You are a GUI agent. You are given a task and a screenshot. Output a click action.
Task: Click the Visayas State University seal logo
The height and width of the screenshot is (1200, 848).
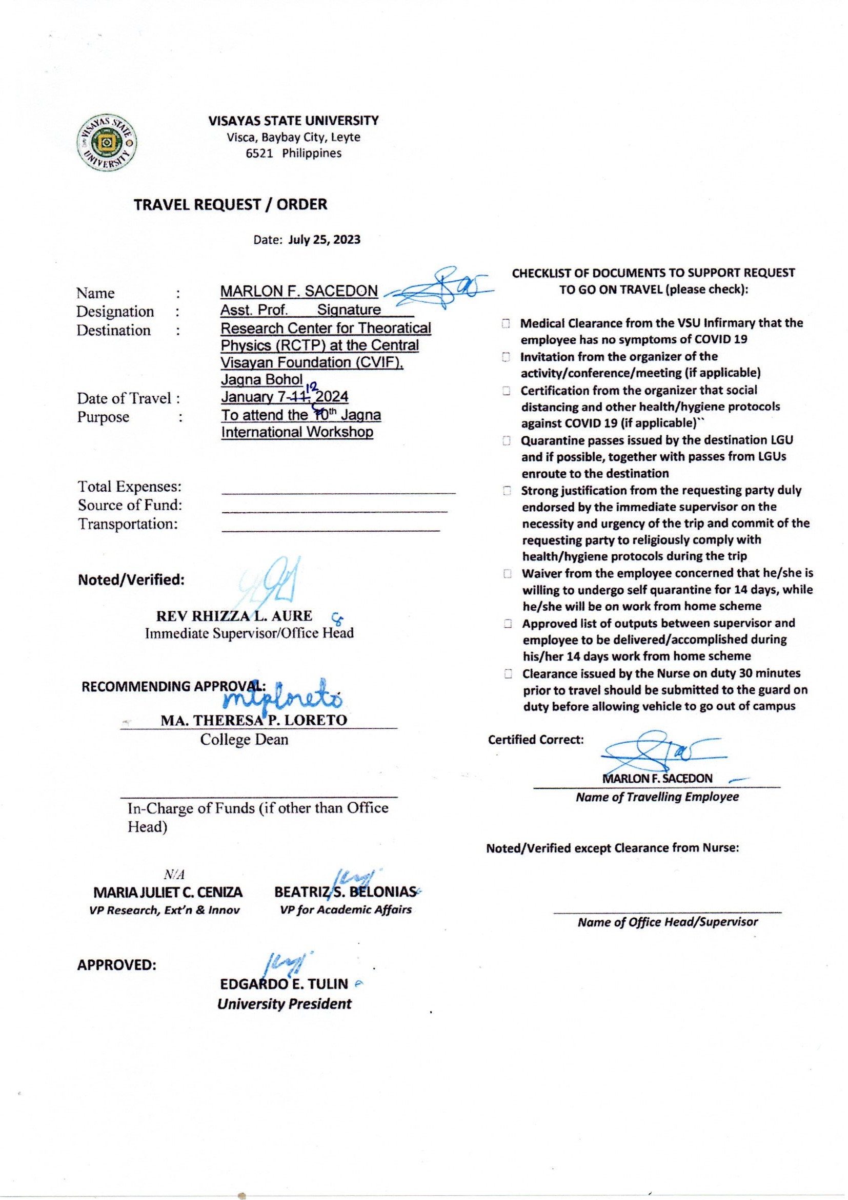pos(108,142)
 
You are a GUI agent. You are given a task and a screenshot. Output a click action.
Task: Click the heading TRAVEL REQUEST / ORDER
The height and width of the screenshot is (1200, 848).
pos(230,204)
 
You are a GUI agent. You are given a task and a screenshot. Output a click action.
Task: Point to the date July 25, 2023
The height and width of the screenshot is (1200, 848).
pos(324,240)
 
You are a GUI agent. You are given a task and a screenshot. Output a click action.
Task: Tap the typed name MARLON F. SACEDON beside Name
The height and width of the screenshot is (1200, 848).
pos(299,291)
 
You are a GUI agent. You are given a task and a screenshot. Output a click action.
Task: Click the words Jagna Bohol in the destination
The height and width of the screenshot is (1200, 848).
pos(261,379)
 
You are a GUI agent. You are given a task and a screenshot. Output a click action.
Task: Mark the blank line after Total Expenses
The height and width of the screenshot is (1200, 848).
pos(338,492)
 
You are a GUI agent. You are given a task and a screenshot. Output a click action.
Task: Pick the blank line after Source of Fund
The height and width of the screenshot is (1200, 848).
pos(334,511)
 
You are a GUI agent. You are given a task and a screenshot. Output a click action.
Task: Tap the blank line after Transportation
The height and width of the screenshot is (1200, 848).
pos(331,530)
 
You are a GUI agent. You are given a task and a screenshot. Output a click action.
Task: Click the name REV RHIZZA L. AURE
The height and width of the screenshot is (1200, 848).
pos(234,616)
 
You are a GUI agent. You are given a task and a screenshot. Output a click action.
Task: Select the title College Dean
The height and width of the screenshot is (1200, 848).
pos(244,740)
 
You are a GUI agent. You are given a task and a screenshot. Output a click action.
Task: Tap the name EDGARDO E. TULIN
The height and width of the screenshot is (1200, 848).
pos(284,984)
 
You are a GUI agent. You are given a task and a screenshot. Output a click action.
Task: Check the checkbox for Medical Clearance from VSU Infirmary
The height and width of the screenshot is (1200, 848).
pos(506,323)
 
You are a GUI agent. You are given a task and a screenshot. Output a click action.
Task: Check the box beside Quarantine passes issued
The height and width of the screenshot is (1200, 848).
pos(506,440)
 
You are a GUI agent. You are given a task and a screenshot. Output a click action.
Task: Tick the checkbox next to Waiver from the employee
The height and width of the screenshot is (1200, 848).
pos(507,574)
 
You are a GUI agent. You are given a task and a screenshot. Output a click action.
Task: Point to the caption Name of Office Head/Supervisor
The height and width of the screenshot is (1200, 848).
pos(668,922)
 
